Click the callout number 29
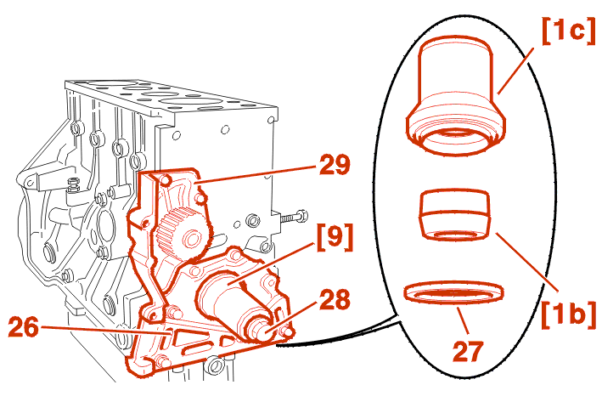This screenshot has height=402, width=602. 335,165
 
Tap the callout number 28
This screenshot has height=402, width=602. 335,300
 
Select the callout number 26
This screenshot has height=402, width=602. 24,327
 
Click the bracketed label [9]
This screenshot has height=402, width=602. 335,237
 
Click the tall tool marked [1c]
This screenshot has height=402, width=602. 456,96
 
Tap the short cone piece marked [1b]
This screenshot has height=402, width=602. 456,214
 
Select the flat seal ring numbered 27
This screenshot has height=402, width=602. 453,292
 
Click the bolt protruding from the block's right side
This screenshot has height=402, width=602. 293,218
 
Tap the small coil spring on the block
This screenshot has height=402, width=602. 73,185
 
